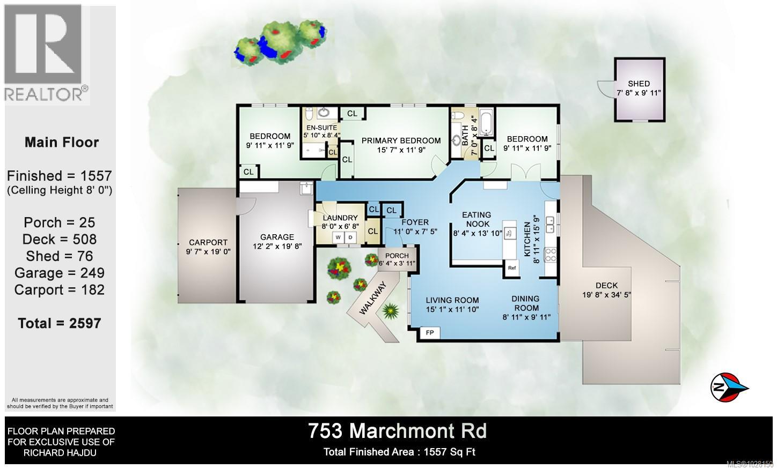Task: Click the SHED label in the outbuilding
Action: pos(639,84)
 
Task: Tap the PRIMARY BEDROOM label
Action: pos(401,141)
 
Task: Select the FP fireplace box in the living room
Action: pos(430,333)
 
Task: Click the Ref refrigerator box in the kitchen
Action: pos(511,268)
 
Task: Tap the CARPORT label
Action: pos(208,242)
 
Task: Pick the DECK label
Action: pos(607,286)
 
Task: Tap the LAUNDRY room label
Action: pos(340,218)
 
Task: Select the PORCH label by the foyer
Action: pos(397,256)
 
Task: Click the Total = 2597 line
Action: pos(60,323)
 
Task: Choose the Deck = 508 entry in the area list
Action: pos(60,239)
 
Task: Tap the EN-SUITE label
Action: pos(321,128)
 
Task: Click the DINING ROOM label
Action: pos(526,303)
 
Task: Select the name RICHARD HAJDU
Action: pos(60,453)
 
